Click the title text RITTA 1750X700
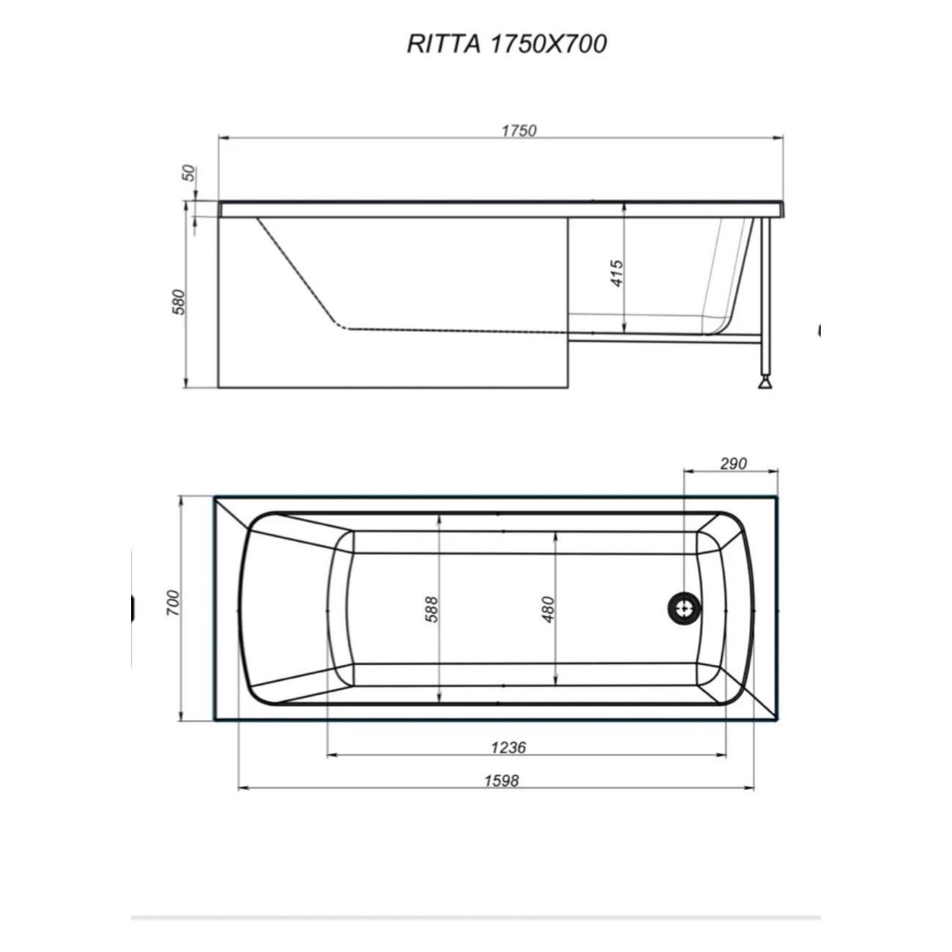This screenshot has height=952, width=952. (x=507, y=44)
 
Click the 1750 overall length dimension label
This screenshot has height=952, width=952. (x=518, y=130)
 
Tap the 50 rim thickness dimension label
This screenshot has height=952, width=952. (x=189, y=174)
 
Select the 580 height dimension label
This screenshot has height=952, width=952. (x=179, y=302)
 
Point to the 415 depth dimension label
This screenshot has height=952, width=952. (x=617, y=273)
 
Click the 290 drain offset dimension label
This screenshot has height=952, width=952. (x=732, y=464)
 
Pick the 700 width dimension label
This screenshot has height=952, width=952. (x=173, y=602)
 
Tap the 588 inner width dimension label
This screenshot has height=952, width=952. (x=431, y=609)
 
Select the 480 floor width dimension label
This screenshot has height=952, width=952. (x=548, y=609)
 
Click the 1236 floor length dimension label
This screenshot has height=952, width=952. (x=508, y=747)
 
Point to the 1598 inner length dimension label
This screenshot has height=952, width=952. (x=501, y=781)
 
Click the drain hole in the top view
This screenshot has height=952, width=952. (x=684, y=608)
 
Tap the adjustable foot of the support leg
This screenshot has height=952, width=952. (x=766, y=382)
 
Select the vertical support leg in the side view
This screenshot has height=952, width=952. (x=766, y=293)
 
